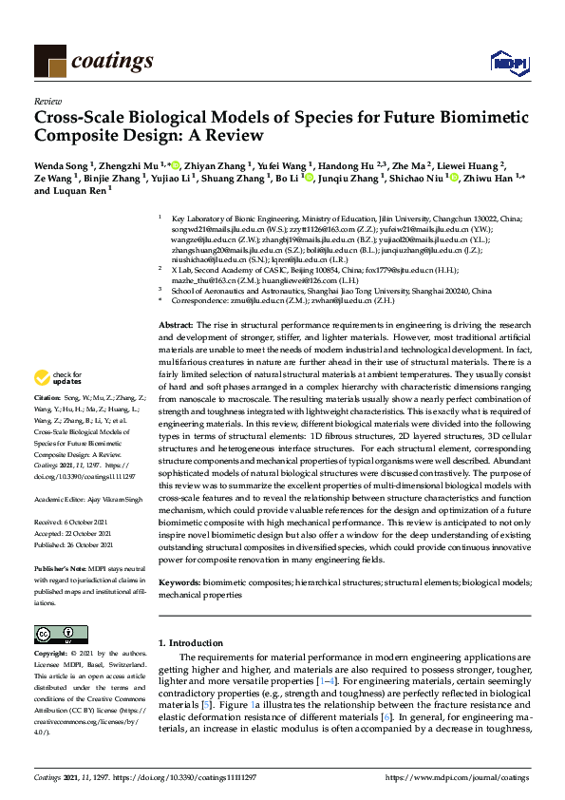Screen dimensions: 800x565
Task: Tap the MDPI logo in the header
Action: (x=509, y=63)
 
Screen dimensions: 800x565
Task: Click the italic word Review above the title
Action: (x=47, y=100)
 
